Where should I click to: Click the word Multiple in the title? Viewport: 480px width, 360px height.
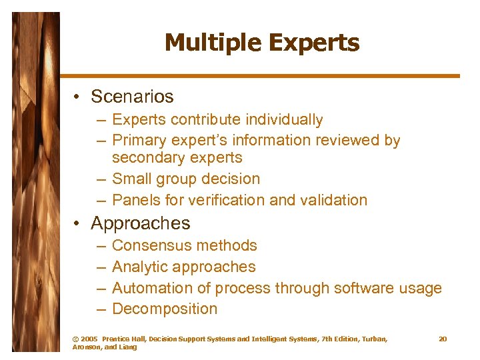click(x=207, y=43)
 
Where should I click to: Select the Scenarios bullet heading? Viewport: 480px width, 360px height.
click(x=132, y=97)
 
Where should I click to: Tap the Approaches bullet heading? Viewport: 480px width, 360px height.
click(x=140, y=223)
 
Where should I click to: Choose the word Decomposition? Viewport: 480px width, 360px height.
click(x=165, y=309)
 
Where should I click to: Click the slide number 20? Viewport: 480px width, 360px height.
click(x=443, y=339)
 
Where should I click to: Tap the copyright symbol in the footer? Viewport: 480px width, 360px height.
click(x=75, y=339)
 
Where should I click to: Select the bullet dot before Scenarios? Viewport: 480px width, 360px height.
click(x=78, y=97)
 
